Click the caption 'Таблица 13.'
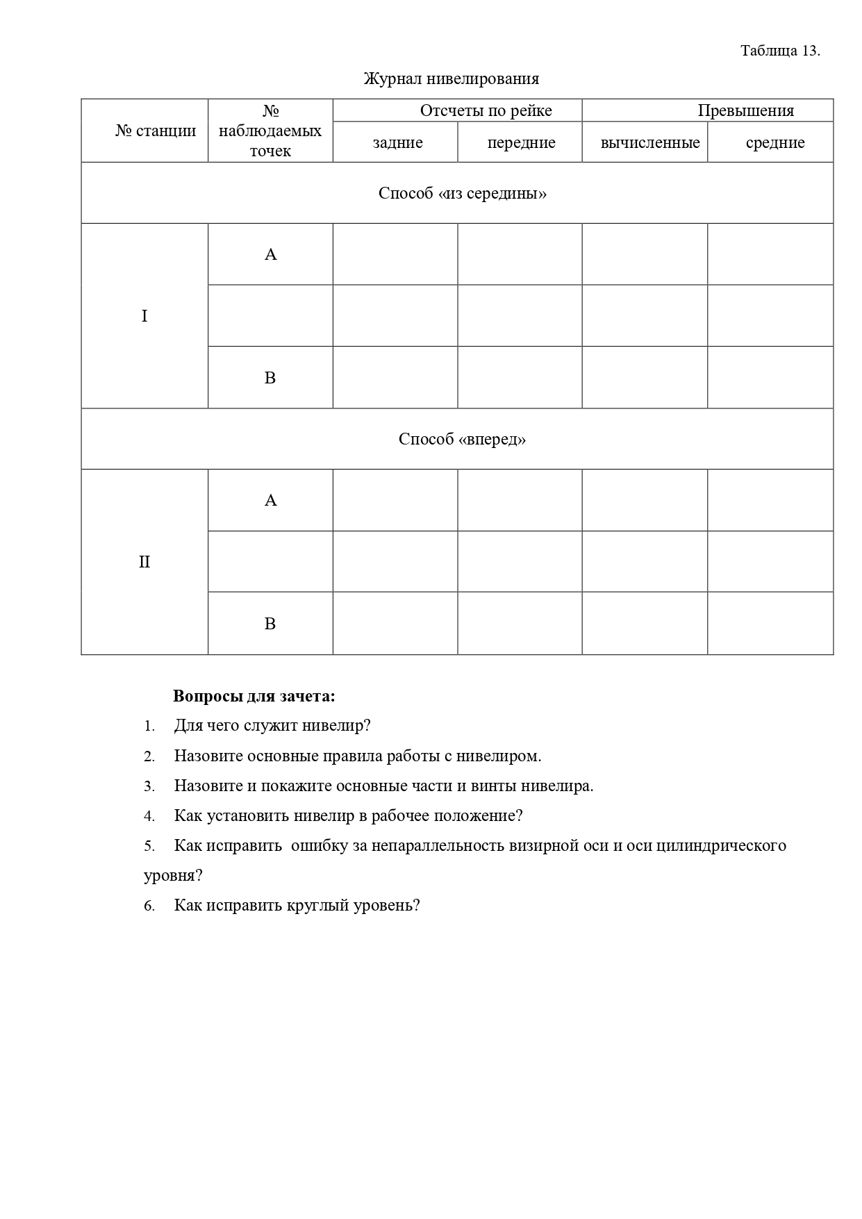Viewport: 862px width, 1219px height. pyautogui.click(x=780, y=51)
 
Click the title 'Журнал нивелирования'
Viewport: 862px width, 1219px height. pyautogui.click(x=451, y=78)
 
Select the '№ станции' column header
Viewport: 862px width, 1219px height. pyautogui.click(x=156, y=131)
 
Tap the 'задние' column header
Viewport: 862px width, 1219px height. pyautogui.click(x=397, y=142)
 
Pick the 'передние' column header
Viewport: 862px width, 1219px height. pyautogui.click(x=521, y=142)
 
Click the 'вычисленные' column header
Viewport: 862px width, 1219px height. pyautogui.click(x=650, y=142)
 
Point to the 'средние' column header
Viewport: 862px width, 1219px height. pyautogui.click(x=775, y=142)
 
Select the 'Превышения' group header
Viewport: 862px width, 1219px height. pyautogui.click(x=745, y=110)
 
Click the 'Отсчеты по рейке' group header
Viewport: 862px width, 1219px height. pyautogui.click(x=486, y=110)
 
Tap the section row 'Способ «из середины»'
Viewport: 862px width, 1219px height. pyautogui.click(x=463, y=193)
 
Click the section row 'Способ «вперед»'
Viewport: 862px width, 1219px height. pyautogui.click(x=462, y=439)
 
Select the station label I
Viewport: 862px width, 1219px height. pyautogui.click(x=144, y=316)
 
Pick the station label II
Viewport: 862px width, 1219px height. pyautogui.click(x=144, y=562)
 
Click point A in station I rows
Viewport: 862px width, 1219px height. pyautogui.click(x=270, y=254)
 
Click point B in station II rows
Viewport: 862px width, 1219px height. pyautogui.click(x=270, y=624)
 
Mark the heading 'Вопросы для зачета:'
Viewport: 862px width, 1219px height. pyautogui.click(x=254, y=696)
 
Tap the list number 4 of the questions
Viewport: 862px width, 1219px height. pyautogui.click(x=149, y=816)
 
